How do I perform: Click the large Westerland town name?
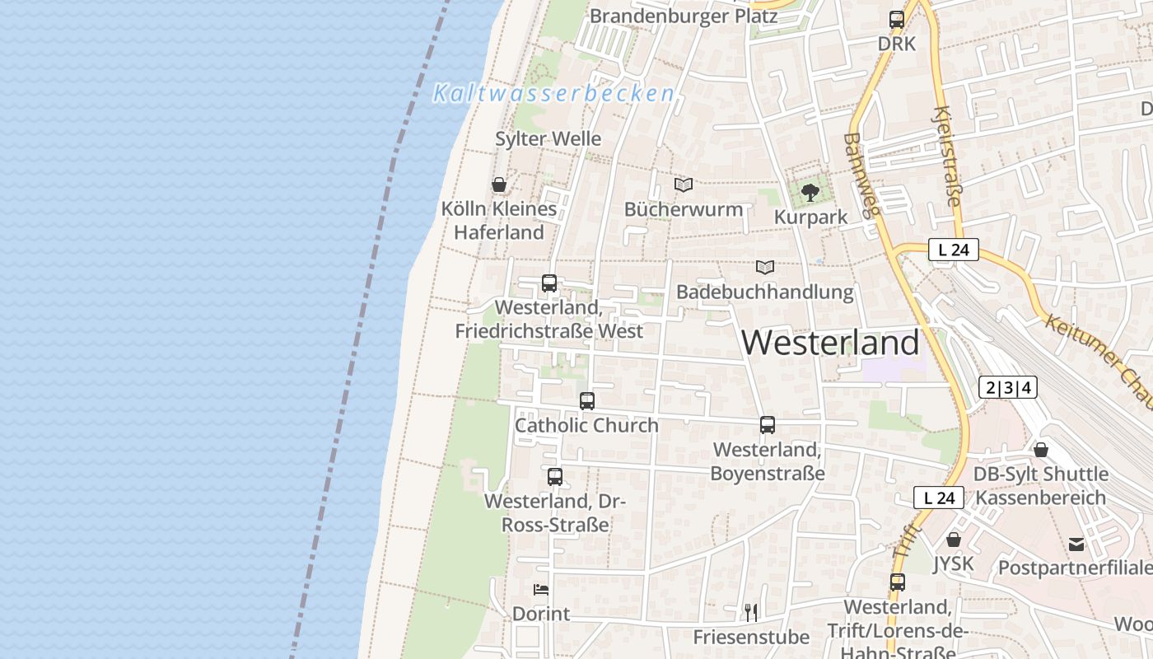(830, 343)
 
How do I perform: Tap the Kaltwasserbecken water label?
(554, 93)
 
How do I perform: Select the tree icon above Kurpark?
(810, 193)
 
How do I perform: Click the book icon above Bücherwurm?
(683, 185)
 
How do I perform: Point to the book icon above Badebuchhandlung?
(765, 267)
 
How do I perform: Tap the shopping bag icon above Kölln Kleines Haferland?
(498, 184)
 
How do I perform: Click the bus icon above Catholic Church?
(587, 401)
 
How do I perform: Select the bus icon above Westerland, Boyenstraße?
(768, 425)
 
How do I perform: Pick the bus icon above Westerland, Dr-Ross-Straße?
(555, 476)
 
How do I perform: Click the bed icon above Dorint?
(541, 589)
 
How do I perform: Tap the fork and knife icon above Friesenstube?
(750, 612)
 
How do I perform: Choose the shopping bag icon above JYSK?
(954, 540)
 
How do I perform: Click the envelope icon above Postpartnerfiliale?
(1076, 544)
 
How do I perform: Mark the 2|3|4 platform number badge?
(1008, 387)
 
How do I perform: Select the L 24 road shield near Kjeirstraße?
(953, 250)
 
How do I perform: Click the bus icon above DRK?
(897, 20)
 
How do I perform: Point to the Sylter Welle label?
(548, 138)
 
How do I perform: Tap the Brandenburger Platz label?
(684, 16)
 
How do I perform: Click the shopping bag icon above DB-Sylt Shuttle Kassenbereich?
(1041, 450)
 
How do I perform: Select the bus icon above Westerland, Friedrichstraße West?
(549, 283)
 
